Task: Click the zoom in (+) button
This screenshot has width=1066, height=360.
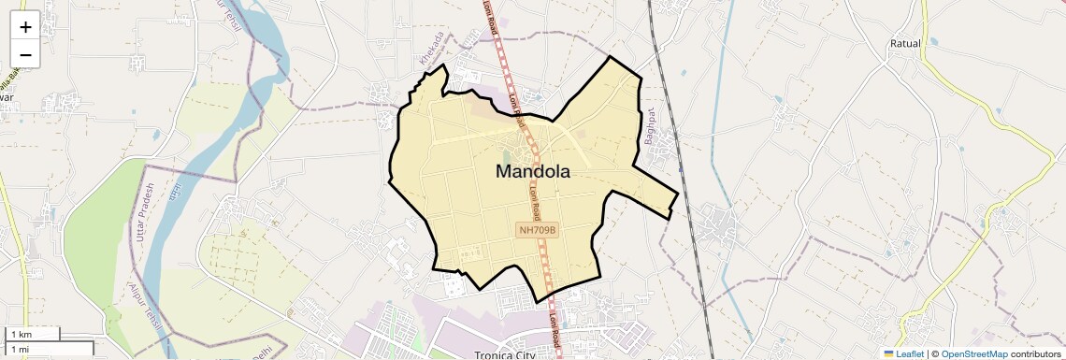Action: pos(25,26)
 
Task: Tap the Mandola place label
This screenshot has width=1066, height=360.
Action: pos(532,172)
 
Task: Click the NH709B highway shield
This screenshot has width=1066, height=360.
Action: pos(537,230)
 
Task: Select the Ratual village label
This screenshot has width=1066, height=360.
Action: pos(905,44)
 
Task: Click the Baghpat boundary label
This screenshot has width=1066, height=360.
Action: pos(648,127)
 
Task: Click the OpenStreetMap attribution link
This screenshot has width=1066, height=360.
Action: pos(974,353)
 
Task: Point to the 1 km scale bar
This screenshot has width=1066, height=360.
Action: pos(32,334)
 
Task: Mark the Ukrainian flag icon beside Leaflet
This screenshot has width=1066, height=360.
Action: pos(888,353)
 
